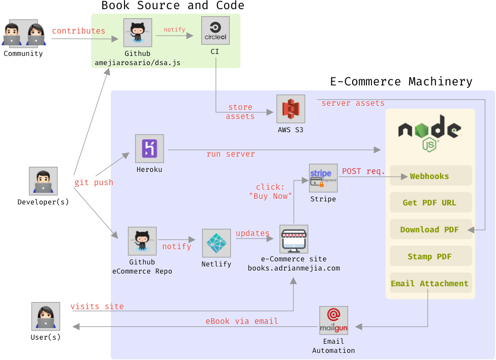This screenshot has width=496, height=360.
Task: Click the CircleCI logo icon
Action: [215, 31]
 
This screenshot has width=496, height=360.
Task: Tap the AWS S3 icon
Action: [291, 109]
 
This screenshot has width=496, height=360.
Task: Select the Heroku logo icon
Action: [149, 148]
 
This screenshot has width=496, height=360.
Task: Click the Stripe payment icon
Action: [323, 178]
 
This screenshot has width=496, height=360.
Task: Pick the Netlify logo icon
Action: [216, 243]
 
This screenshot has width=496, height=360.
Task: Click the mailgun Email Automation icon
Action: [333, 320]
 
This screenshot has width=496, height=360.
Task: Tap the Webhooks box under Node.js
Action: [430, 176]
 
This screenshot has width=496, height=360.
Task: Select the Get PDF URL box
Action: [430, 202]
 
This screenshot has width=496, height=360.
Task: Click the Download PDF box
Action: [430, 229]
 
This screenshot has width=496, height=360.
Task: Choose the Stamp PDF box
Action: [430, 256]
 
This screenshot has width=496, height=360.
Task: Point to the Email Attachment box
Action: [430, 283]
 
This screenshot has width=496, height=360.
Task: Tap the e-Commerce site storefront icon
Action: [294, 239]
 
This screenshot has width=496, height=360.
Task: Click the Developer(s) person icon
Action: [43, 182]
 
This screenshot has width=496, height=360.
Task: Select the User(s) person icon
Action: [45, 317]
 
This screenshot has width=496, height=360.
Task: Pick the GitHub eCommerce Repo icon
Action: [142, 241]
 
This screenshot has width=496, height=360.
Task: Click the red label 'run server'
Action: [231, 154]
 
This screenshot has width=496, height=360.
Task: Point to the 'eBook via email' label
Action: [242, 321]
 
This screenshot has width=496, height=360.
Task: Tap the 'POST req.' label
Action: [363, 171]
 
